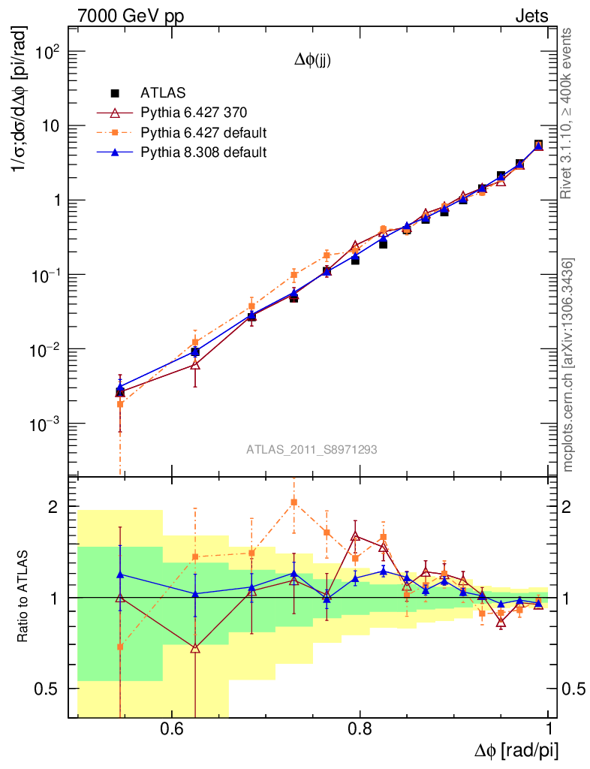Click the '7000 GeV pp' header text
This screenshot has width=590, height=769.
point(135,15)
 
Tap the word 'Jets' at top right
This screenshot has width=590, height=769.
point(531,15)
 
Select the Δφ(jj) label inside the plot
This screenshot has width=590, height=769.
point(312,62)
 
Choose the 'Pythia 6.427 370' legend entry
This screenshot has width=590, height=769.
point(193,113)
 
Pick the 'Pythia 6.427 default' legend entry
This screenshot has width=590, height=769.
point(203,133)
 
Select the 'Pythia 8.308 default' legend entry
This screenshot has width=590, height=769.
point(203,152)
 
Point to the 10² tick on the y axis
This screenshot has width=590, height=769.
point(46,53)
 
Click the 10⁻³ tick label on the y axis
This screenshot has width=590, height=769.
point(44,425)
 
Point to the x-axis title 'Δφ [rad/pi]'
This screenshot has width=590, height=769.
point(516,752)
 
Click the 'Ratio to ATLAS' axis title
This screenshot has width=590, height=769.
point(23,598)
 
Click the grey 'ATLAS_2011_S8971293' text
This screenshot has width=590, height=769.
point(312,450)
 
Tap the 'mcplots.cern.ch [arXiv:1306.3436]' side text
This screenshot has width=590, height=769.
point(569,364)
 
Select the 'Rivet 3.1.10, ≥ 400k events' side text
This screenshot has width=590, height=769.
point(568,113)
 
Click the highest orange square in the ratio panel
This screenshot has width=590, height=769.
point(294,502)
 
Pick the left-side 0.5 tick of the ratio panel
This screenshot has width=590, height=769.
point(50,689)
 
